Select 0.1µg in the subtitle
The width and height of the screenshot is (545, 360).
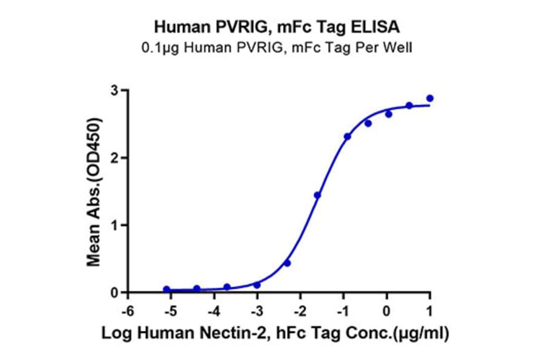[158, 47]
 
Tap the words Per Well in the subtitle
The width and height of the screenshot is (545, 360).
[386, 47]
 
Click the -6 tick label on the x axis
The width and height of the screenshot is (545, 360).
[127, 310]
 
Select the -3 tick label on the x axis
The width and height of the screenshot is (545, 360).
[256, 310]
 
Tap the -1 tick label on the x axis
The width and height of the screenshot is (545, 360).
[343, 310]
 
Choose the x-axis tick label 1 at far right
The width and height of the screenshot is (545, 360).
[430, 310]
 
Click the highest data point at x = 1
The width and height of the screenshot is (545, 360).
[430, 98]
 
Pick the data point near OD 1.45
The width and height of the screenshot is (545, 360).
[317, 195]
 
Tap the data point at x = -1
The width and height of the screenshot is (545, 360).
[347, 136]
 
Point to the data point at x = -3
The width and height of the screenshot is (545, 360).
[257, 285]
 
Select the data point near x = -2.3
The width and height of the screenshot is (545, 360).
[287, 263]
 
